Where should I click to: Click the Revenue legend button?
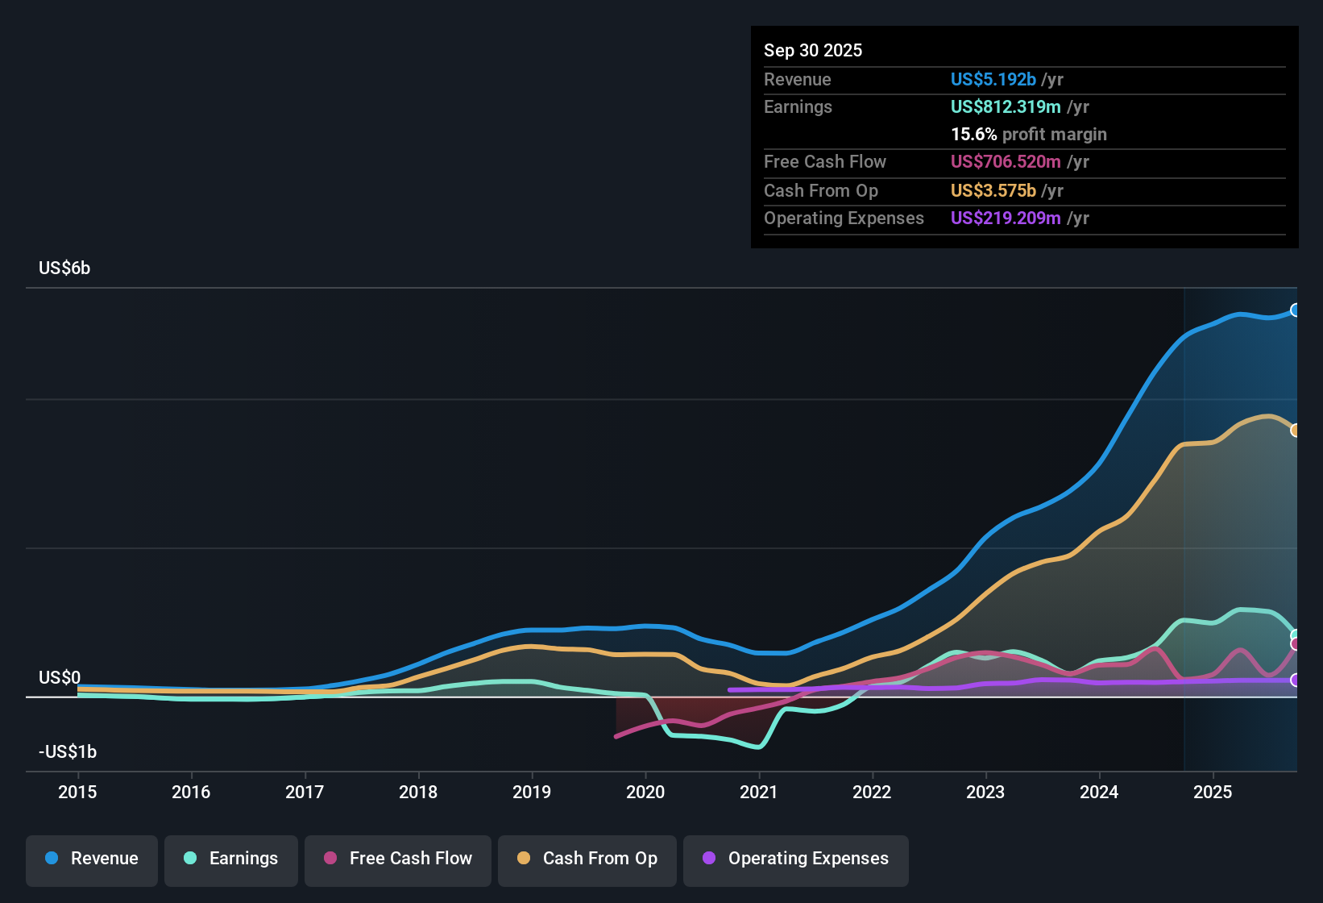click(92, 859)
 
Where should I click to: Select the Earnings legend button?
click(231, 859)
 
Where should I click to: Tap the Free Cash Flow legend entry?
click(398, 859)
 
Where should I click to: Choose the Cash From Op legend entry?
click(587, 859)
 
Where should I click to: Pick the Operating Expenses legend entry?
click(796, 859)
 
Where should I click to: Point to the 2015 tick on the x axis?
click(77, 792)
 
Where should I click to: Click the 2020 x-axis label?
click(645, 792)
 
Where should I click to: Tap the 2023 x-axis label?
click(985, 792)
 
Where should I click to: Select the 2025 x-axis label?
click(1213, 792)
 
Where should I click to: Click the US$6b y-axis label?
click(64, 268)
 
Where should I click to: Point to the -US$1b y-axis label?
click(68, 751)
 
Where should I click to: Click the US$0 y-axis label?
click(60, 677)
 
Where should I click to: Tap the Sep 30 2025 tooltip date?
click(813, 50)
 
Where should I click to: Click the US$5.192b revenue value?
click(993, 79)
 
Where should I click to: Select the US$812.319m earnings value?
click(1005, 106)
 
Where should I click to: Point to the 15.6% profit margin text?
click(1028, 134)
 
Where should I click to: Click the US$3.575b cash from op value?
click(993, 190)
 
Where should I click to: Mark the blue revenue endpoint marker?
click(1295, 310)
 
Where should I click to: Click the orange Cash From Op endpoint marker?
click(1295, 431)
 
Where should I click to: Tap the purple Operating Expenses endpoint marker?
click(1295, 680)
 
